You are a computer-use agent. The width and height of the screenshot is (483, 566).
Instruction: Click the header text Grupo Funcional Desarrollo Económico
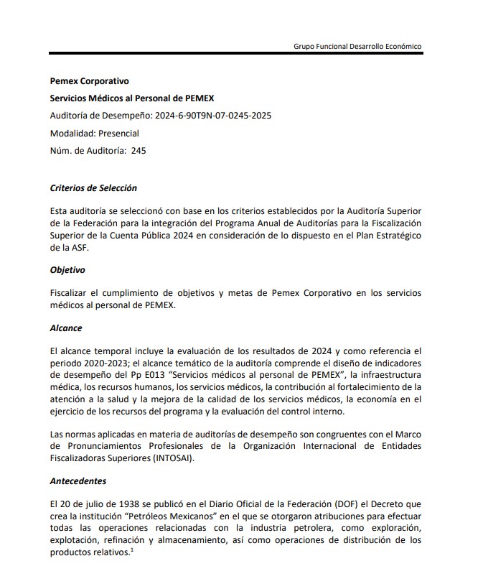point(357,46)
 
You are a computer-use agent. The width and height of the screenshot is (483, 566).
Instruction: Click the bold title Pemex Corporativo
point(90,81)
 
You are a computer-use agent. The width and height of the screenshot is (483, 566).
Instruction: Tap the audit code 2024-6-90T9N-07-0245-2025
point(214,116)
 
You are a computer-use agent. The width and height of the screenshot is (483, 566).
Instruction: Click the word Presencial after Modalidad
point(115,133)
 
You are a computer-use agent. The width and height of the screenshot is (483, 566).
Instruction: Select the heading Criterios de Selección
point(93,188)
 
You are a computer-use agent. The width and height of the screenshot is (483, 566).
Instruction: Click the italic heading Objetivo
point(67,270)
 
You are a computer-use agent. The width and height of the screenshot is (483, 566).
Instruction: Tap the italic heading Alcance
point(66,328)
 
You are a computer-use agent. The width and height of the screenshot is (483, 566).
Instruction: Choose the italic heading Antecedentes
point(79,481)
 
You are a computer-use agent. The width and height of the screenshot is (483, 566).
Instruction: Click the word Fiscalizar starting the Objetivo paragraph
point(70,293)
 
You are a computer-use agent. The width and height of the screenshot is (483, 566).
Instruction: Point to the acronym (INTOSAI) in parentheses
point(172,457)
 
